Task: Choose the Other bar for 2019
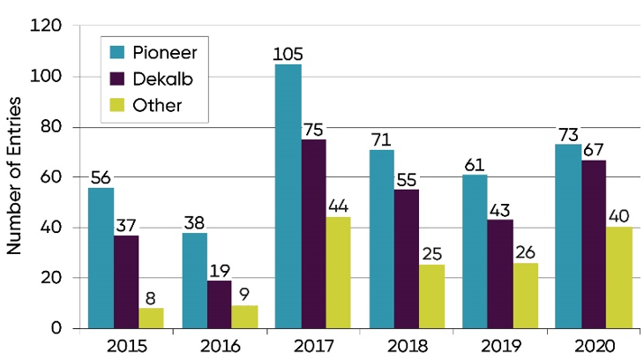pyautogui.click(x=524, y=296)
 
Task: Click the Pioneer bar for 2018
pyautogui.click(x=381, y=238)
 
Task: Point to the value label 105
pyautogui.click(x=288, y=55)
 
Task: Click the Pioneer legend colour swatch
pyautogui.click(x=116, y=50)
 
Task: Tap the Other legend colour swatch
pyautogui.click(x=116, y=105)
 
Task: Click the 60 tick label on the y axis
pyautogui.click(x=50, y=177)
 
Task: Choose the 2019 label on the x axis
pyautogui.click(x=498, y=345)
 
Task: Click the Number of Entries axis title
pyautogui.click(x=15, y=177)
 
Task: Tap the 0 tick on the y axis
pyautogui.click(x=56, y=328)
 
